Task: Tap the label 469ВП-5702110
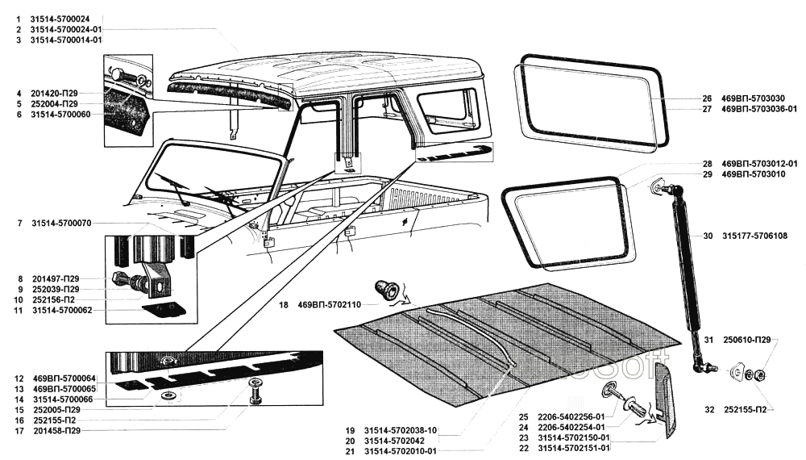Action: pyautogui.click(x=330, y=306)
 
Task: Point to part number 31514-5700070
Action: pyautogui.click(x=61, y=223)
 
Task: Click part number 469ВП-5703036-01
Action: pyautogui.click(x=759, y=109)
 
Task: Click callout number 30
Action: pyautogui.click(x=708, y=236)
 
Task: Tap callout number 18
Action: pyautogui.click(x=283, y=306)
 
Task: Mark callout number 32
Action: pyautogui.click(x=708, y=410)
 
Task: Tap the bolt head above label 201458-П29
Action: pyautogui.click(x=255, y=383)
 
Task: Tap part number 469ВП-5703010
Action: pyautogui.click(x=748, y=174)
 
